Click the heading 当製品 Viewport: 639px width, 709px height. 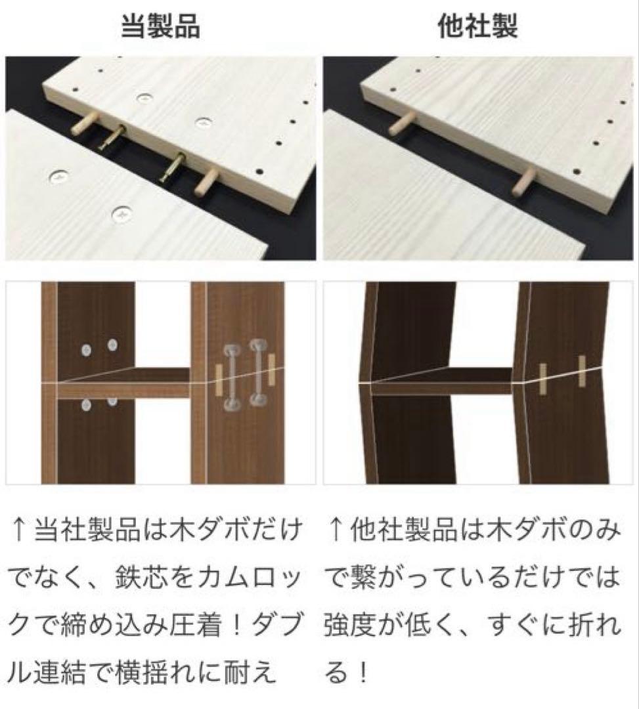160,27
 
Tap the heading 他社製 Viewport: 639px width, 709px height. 478,27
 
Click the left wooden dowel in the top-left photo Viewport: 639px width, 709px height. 84,123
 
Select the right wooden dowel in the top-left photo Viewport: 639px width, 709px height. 206,183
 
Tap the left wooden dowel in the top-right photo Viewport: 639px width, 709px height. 401,123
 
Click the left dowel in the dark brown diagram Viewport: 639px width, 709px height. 542,379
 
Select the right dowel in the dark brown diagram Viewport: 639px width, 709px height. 582,372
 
